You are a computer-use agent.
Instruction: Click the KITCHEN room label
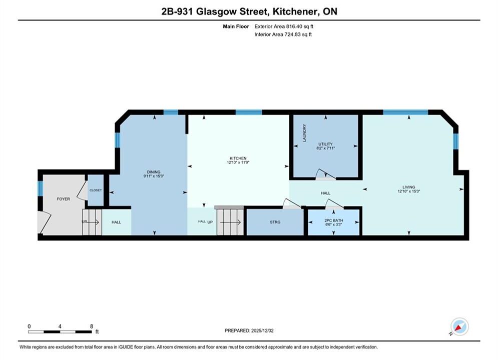click(238, 158)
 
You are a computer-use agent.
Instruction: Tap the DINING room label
click(154, 172)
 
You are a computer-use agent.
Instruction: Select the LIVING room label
click(409, 187)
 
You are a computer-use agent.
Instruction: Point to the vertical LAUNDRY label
click(304, 133)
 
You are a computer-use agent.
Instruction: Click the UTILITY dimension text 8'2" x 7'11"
click(325, 148)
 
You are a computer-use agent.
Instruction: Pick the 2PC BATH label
click(333, 220)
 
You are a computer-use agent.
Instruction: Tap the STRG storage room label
click(275, 222)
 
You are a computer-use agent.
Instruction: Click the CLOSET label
click(96, 190)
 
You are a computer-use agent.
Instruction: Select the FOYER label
click(63, 199)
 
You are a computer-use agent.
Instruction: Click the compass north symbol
click(459, 326)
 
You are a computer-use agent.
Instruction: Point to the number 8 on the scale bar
click(92, 326)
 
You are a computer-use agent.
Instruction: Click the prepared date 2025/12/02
click(262, 330)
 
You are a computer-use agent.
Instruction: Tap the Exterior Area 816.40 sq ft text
click(284, 26)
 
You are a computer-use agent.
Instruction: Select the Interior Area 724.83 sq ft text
click(283, 34)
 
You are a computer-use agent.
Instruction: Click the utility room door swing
click(325, 174)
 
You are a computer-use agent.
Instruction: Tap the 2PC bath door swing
click(334, 204)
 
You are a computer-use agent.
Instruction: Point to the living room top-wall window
click(405, 112)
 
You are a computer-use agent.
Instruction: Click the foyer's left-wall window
click(41, 188)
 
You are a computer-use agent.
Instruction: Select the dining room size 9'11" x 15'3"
click(154, 176)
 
